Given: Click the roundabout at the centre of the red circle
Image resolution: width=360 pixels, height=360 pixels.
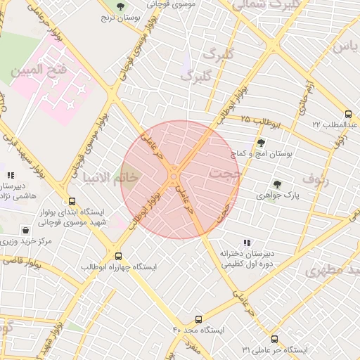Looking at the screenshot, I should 173,173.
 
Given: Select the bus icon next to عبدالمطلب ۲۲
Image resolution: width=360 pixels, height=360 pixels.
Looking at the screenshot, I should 348,114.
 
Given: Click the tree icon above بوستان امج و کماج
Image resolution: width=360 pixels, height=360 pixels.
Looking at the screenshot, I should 261,142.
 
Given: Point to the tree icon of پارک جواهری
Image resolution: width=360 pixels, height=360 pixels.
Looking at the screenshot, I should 276,184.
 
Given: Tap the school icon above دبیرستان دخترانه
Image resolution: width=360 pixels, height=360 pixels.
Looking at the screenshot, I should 245,243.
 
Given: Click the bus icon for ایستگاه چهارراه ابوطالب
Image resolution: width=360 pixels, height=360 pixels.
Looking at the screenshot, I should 117,257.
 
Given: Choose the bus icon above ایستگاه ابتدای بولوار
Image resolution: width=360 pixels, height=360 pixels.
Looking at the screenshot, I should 71,200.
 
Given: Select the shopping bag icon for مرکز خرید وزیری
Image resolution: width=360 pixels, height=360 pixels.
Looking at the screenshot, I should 26,230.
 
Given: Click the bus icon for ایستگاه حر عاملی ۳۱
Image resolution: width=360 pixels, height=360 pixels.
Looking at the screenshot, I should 274,339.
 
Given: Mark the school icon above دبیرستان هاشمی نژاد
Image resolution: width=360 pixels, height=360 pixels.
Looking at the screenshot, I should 10,176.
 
